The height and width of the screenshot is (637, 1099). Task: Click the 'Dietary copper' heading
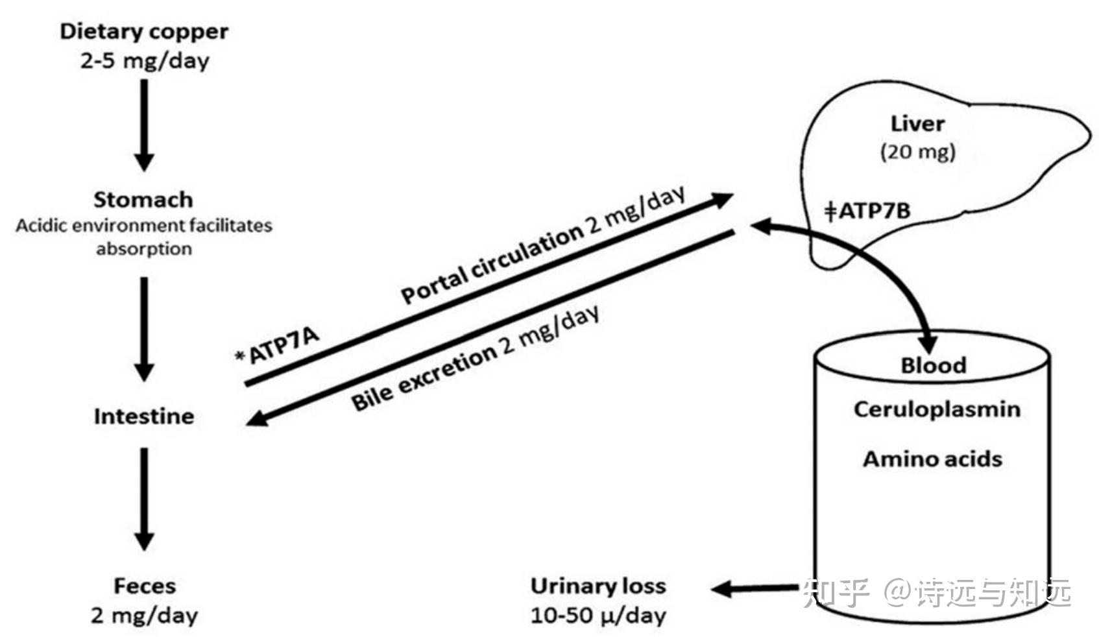(144, 32)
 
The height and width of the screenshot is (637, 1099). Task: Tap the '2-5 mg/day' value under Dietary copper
(144, 61)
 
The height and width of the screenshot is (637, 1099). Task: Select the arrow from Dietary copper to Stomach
(144, 123)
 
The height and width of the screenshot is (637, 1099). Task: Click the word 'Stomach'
(143, 200)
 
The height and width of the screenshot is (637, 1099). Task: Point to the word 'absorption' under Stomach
(144, 249)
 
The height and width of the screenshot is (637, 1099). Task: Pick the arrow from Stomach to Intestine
(144, 328)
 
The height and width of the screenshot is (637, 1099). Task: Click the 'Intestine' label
(144, 416)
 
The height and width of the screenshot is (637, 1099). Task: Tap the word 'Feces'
(145, 586)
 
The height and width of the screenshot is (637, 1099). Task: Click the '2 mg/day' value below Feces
(144, 615)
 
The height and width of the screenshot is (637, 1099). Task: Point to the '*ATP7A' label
(278, 345)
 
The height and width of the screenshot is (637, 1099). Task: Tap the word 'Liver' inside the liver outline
(917, 123)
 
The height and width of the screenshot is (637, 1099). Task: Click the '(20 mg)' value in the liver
(917, 152)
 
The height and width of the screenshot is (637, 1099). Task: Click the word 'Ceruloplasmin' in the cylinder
(937, 409)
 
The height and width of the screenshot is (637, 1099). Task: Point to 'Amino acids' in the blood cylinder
(932, 459)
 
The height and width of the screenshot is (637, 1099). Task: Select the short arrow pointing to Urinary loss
(755, 588)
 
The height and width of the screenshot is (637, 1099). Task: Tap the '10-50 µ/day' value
(598, 615)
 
